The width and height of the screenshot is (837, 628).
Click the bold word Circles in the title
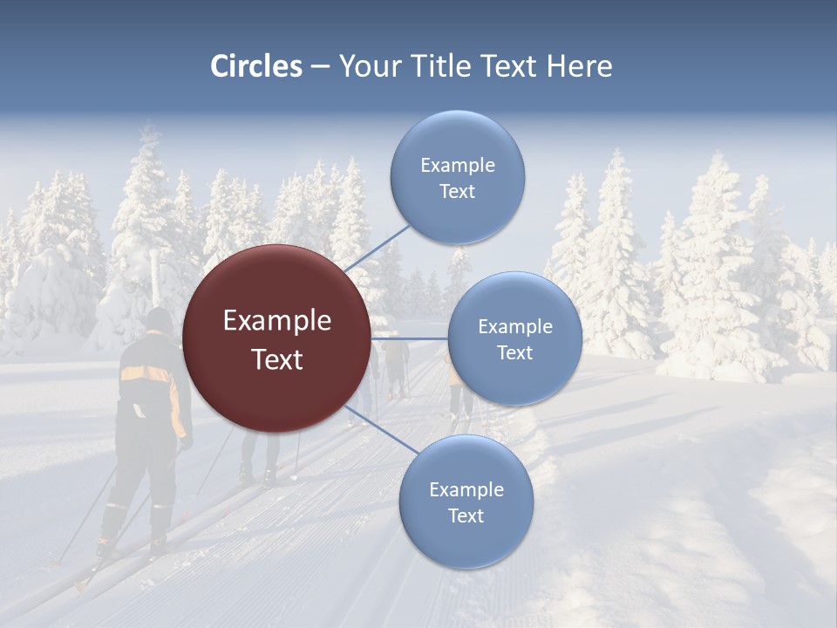[256, 66]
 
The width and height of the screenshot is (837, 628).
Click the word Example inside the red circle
[277, 321]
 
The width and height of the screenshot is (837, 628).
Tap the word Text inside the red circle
[277, 359]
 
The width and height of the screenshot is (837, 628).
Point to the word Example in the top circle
[458, 166]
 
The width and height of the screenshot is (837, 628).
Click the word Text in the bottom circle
[466, 515]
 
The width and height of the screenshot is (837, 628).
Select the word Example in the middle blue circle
[515, 327]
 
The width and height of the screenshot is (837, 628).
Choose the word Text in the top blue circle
[457, 192]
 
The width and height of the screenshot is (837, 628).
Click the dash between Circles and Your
[320, 66]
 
